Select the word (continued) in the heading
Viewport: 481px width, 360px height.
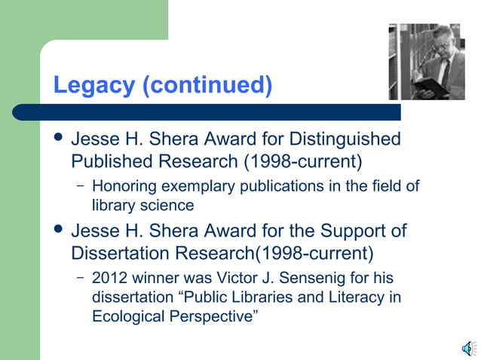click(206, 85)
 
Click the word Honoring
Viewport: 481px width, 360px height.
click(123, 186)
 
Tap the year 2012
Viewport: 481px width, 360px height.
click(108, 278)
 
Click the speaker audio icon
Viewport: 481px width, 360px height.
click(467, 347)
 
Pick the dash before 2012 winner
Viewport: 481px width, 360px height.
click(79, 278)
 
